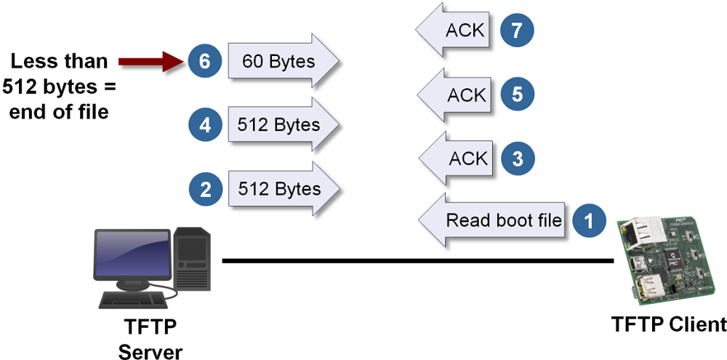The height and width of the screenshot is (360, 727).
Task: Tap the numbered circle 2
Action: click(205, 190)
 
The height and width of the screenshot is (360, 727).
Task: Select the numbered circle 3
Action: click(518, 159)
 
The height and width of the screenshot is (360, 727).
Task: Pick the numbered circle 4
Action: click(205, 125)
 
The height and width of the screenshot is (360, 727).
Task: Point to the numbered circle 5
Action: click(518, 95)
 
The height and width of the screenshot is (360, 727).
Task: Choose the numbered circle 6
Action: click(205, 62)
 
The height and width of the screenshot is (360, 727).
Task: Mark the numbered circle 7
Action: click(518, 31)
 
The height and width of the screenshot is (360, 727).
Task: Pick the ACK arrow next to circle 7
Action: click(454, 31)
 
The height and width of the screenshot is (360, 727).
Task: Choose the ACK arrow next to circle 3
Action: click(458, 159)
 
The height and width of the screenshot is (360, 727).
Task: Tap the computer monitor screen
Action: click(132, 254)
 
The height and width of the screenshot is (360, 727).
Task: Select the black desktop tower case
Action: click(193, 258)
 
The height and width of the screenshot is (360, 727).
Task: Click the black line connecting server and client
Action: click(414, 260)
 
